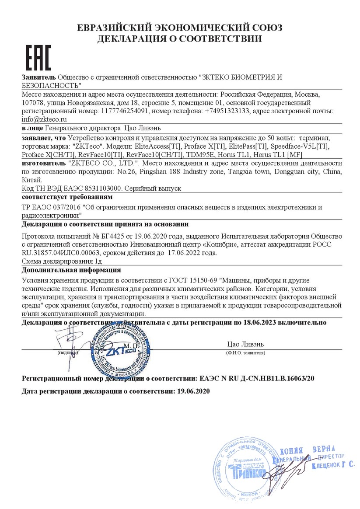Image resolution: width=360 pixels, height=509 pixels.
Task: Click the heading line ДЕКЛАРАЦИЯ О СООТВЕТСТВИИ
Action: [x=179, y=39]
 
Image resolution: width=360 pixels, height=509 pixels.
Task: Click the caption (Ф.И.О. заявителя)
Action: [x=245, y=352]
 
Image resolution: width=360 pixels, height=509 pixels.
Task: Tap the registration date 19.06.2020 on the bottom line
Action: [x=194, y=391]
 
